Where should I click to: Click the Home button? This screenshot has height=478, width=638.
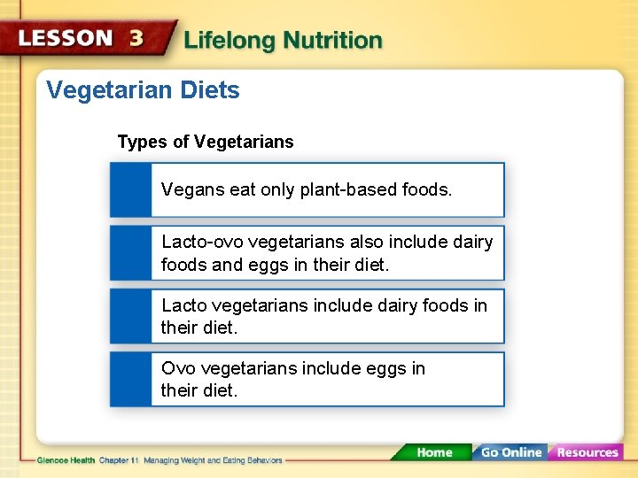pos(434,452)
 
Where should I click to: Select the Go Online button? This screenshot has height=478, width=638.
pos(510,452)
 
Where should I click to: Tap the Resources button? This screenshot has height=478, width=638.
pos(587,452)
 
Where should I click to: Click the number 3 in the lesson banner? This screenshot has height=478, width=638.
pos(136,39)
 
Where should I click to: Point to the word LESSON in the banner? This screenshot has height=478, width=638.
pos(66,39)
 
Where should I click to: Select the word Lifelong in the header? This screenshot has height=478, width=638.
pos(233,40)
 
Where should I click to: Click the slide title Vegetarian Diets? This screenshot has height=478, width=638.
pos(143,90)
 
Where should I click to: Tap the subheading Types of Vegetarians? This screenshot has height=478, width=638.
pos(206,142)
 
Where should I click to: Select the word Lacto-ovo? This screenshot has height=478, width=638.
pos(203,242)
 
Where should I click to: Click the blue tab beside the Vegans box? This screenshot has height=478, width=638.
pos(130,189)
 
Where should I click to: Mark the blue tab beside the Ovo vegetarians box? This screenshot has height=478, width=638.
pos(130,380)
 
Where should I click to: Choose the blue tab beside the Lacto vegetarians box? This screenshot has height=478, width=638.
pos(130,316)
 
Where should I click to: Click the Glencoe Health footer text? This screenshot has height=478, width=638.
pos(66,460)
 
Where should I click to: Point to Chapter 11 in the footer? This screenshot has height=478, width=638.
pos(120,460)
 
